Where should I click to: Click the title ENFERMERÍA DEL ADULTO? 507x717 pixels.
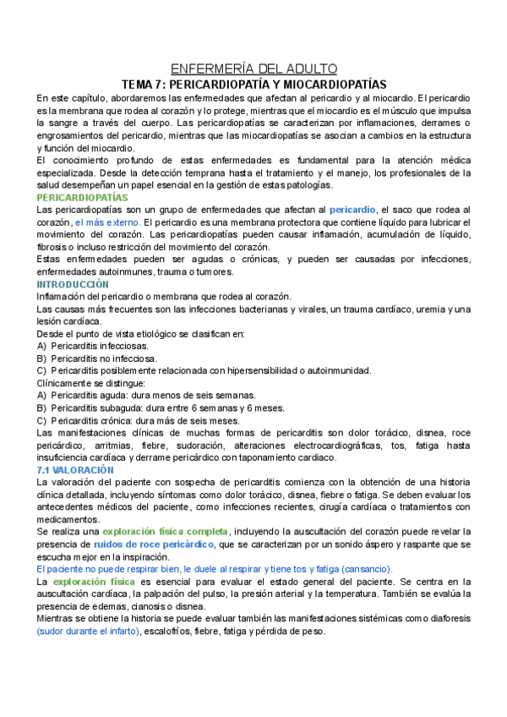tap(253, 68)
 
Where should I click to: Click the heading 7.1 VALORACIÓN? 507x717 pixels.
tap(75, 469)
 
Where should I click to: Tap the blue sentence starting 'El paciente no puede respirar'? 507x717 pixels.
tap(220, 570)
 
